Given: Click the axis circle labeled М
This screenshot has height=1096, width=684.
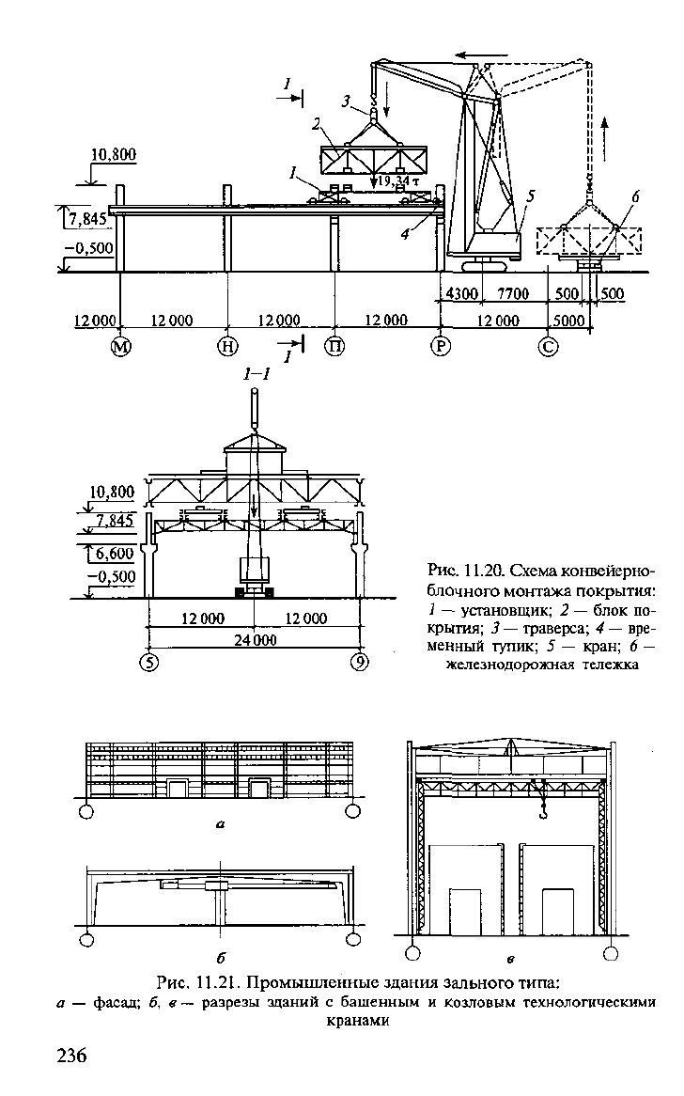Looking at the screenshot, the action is coord(122,347).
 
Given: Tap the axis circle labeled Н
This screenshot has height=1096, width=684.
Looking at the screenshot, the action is coord(227,347).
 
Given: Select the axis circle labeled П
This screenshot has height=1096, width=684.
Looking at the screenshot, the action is coord(336,347).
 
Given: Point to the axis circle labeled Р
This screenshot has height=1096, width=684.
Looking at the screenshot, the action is coord(440,347).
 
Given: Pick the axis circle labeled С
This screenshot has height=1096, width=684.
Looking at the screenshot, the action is coord(549,347).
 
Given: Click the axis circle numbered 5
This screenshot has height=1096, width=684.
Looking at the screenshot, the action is coord(148,662).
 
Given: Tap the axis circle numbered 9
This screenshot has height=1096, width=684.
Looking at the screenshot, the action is coord(359,662).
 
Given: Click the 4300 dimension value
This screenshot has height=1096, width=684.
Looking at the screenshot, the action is coord(461,294).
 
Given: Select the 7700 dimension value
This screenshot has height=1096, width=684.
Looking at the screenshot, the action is coord(513,294).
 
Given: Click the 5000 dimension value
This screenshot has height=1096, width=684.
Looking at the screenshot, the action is coord(567,321).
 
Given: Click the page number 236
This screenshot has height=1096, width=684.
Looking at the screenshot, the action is coord(71,1055).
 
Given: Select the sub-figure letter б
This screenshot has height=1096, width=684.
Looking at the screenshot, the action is coord(222,956).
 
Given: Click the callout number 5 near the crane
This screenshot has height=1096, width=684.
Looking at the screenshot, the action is coord(530,196).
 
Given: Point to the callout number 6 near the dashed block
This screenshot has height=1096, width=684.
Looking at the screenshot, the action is coord(635,197).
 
